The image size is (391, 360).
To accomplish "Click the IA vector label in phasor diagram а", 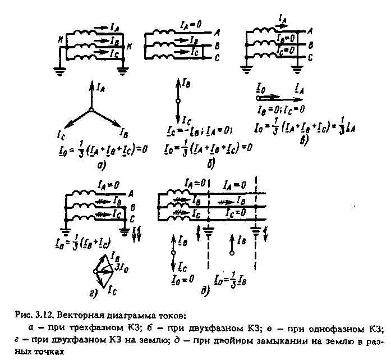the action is tap(101, 86).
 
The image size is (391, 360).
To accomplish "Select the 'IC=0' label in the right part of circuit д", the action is tap(233, 212).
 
